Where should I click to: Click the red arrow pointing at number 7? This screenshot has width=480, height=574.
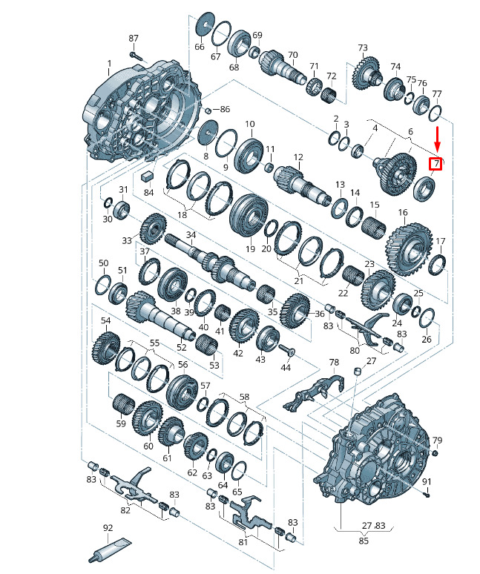pos(438,139)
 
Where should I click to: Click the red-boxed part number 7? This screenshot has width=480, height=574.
pos(435,164)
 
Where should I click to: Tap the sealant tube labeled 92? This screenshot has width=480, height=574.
pos(110,550)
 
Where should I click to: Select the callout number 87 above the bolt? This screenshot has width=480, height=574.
pos(134,38)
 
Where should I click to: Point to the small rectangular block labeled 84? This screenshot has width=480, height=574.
pos(147,176)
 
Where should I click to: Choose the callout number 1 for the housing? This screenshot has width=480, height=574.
pos(109,63)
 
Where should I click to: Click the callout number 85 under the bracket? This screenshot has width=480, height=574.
pos(364,541)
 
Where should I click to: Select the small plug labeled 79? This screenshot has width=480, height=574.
pos(435,454)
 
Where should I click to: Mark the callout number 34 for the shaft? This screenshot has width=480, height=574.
pos(191,235)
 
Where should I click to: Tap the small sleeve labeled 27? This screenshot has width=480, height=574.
pos(358,372)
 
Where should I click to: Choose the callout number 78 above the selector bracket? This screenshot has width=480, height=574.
pos(334,363)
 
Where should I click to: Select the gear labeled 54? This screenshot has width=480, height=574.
pos(106,347)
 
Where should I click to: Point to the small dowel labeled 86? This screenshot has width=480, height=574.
pos(207,110)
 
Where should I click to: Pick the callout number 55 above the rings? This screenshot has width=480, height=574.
pos(154,343)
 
